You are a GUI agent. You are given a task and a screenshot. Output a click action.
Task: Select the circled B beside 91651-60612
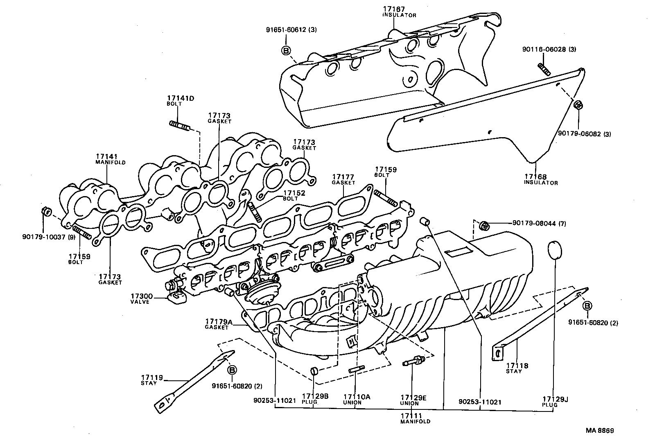coord(286,50)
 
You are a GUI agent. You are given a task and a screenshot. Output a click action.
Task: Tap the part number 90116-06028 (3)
coord(549,49)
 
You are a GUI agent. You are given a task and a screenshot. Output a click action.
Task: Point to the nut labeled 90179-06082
coord(578,105)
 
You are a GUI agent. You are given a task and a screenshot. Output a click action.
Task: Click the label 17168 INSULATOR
coord(540,179)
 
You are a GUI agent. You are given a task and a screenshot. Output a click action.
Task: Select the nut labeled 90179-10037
coord(46,212)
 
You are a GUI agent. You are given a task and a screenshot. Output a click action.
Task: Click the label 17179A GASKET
coord(218,324)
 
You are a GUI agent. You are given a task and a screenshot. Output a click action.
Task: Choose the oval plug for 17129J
coord(554,250)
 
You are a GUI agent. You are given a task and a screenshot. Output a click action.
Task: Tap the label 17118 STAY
coord(517,368)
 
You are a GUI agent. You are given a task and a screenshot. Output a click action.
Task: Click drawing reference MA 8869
coord(599,430)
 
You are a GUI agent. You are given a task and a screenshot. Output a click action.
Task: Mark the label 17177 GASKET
coord(343,179)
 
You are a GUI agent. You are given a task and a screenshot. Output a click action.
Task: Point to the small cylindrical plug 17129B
coord(314,371)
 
